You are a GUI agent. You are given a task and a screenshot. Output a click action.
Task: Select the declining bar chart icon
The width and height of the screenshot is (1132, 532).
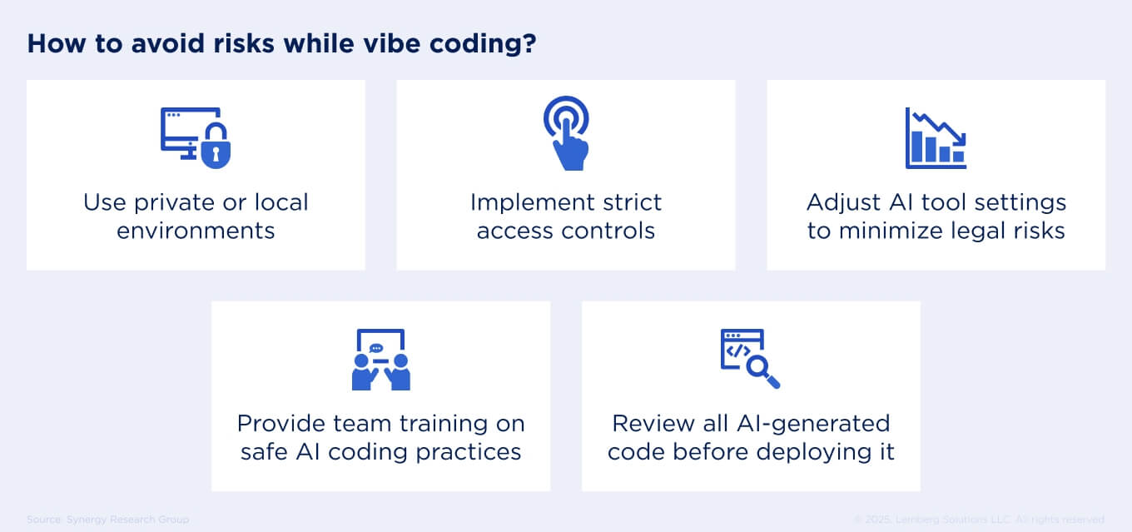pyautogui.click(x=936, y=138)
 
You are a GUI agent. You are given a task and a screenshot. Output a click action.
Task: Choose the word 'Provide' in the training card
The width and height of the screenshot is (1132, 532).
pyautogui.click(x=280, y=423)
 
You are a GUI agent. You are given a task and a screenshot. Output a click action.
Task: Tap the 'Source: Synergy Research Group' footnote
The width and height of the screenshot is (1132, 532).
pyautogui.click(x=107, y=520)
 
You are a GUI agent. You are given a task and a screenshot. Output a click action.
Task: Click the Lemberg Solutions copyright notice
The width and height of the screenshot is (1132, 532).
pyautogui.click(x=980, y=520)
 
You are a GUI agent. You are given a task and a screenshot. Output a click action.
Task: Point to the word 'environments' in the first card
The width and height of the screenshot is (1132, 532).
pyautogui.click(x=196, y=231)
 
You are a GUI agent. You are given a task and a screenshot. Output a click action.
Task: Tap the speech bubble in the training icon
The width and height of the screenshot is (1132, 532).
pyautogui.click(x=376, y=348)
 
